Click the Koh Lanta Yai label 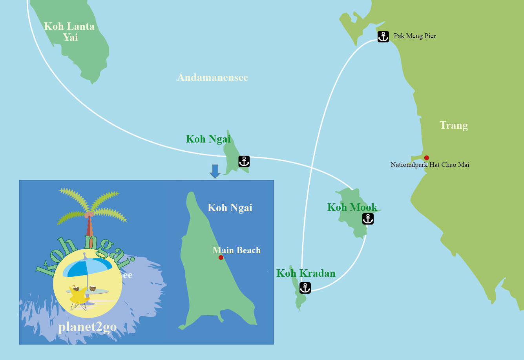pyautogui.click(x=69, y=32)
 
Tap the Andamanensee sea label pyautogui.click(x=212, y=77)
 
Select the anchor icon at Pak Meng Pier pyautogui.click(x=383, y=37)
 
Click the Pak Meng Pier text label pyautogui.click(x=414, y=36)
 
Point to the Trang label pyautogui.click(x=453, y=125)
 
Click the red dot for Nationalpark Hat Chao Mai pyautogui.click(x=427, y=158)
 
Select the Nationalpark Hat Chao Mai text pyautogui.click(x=429, y=165)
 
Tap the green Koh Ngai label pyautogui.click(x=208, y=139)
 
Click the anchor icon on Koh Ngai pyautogui.click(x=244, y=161)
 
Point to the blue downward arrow pyautogui.click(x=215, y=171)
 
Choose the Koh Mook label pyautogui.click(x=352, y=207)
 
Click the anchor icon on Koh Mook pyautogui.click(x=368, y=219)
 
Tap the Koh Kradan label pyautogui.click(x=306, y=273)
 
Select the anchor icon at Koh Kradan pyautogui.click(x=305, y=288)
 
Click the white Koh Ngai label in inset pyautogui.click(x=230, y=208)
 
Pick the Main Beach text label pyautogui.click(x=236, y=250)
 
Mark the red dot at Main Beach pyautogui.click(x=221, y=258)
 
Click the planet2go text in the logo pyautogui.click(x=87, y=327)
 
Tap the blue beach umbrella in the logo pyautogui.click(x=87, y=267)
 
